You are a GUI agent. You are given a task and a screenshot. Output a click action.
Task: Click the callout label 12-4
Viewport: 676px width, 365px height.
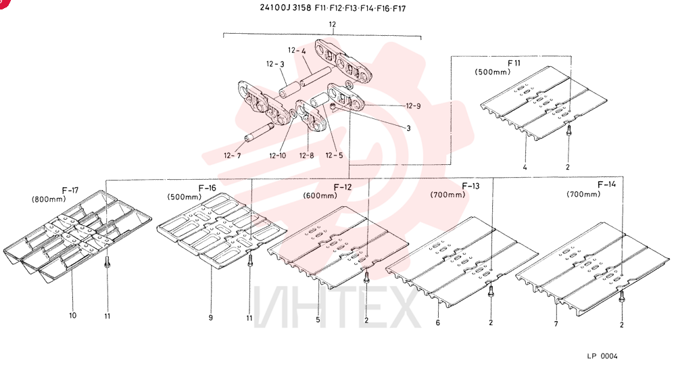[297, 51]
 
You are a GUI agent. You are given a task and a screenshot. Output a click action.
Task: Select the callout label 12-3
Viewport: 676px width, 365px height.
[275, 64]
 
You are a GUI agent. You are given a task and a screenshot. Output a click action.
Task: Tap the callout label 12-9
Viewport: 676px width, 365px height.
[413, 106]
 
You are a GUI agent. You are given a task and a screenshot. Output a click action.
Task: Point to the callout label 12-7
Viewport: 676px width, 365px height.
[233, 155]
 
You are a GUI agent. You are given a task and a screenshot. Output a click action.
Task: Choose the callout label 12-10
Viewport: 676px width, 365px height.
[277, 155]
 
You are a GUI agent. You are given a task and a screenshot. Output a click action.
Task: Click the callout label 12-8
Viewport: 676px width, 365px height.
[306, 155]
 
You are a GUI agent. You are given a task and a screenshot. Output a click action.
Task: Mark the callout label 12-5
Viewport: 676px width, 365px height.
[334, 155]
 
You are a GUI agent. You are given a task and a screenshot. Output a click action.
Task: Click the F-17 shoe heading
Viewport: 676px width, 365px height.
[70, 191]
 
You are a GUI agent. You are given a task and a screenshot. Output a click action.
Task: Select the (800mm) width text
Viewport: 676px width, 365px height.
[49, 199]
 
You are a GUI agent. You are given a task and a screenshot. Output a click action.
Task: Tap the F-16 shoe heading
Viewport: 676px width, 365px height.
[207, 189]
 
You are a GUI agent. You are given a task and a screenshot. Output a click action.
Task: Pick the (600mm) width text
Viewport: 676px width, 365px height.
[320, 195]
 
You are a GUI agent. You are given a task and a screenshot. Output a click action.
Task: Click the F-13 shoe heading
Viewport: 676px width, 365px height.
[470, 186]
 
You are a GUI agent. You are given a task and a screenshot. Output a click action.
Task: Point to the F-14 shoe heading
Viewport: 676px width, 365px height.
[606, 185]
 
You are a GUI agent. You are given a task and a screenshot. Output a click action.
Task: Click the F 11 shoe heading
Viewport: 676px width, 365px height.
[514, 64]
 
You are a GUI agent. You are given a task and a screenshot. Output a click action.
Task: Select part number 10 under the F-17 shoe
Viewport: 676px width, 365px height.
[72, 316]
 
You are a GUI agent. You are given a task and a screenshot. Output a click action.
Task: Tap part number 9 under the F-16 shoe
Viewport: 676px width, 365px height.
[211, 318]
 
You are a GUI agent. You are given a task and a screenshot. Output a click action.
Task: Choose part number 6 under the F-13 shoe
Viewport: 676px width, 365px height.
[438, 323]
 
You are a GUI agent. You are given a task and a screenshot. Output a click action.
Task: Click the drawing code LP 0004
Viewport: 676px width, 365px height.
[602, 356]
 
